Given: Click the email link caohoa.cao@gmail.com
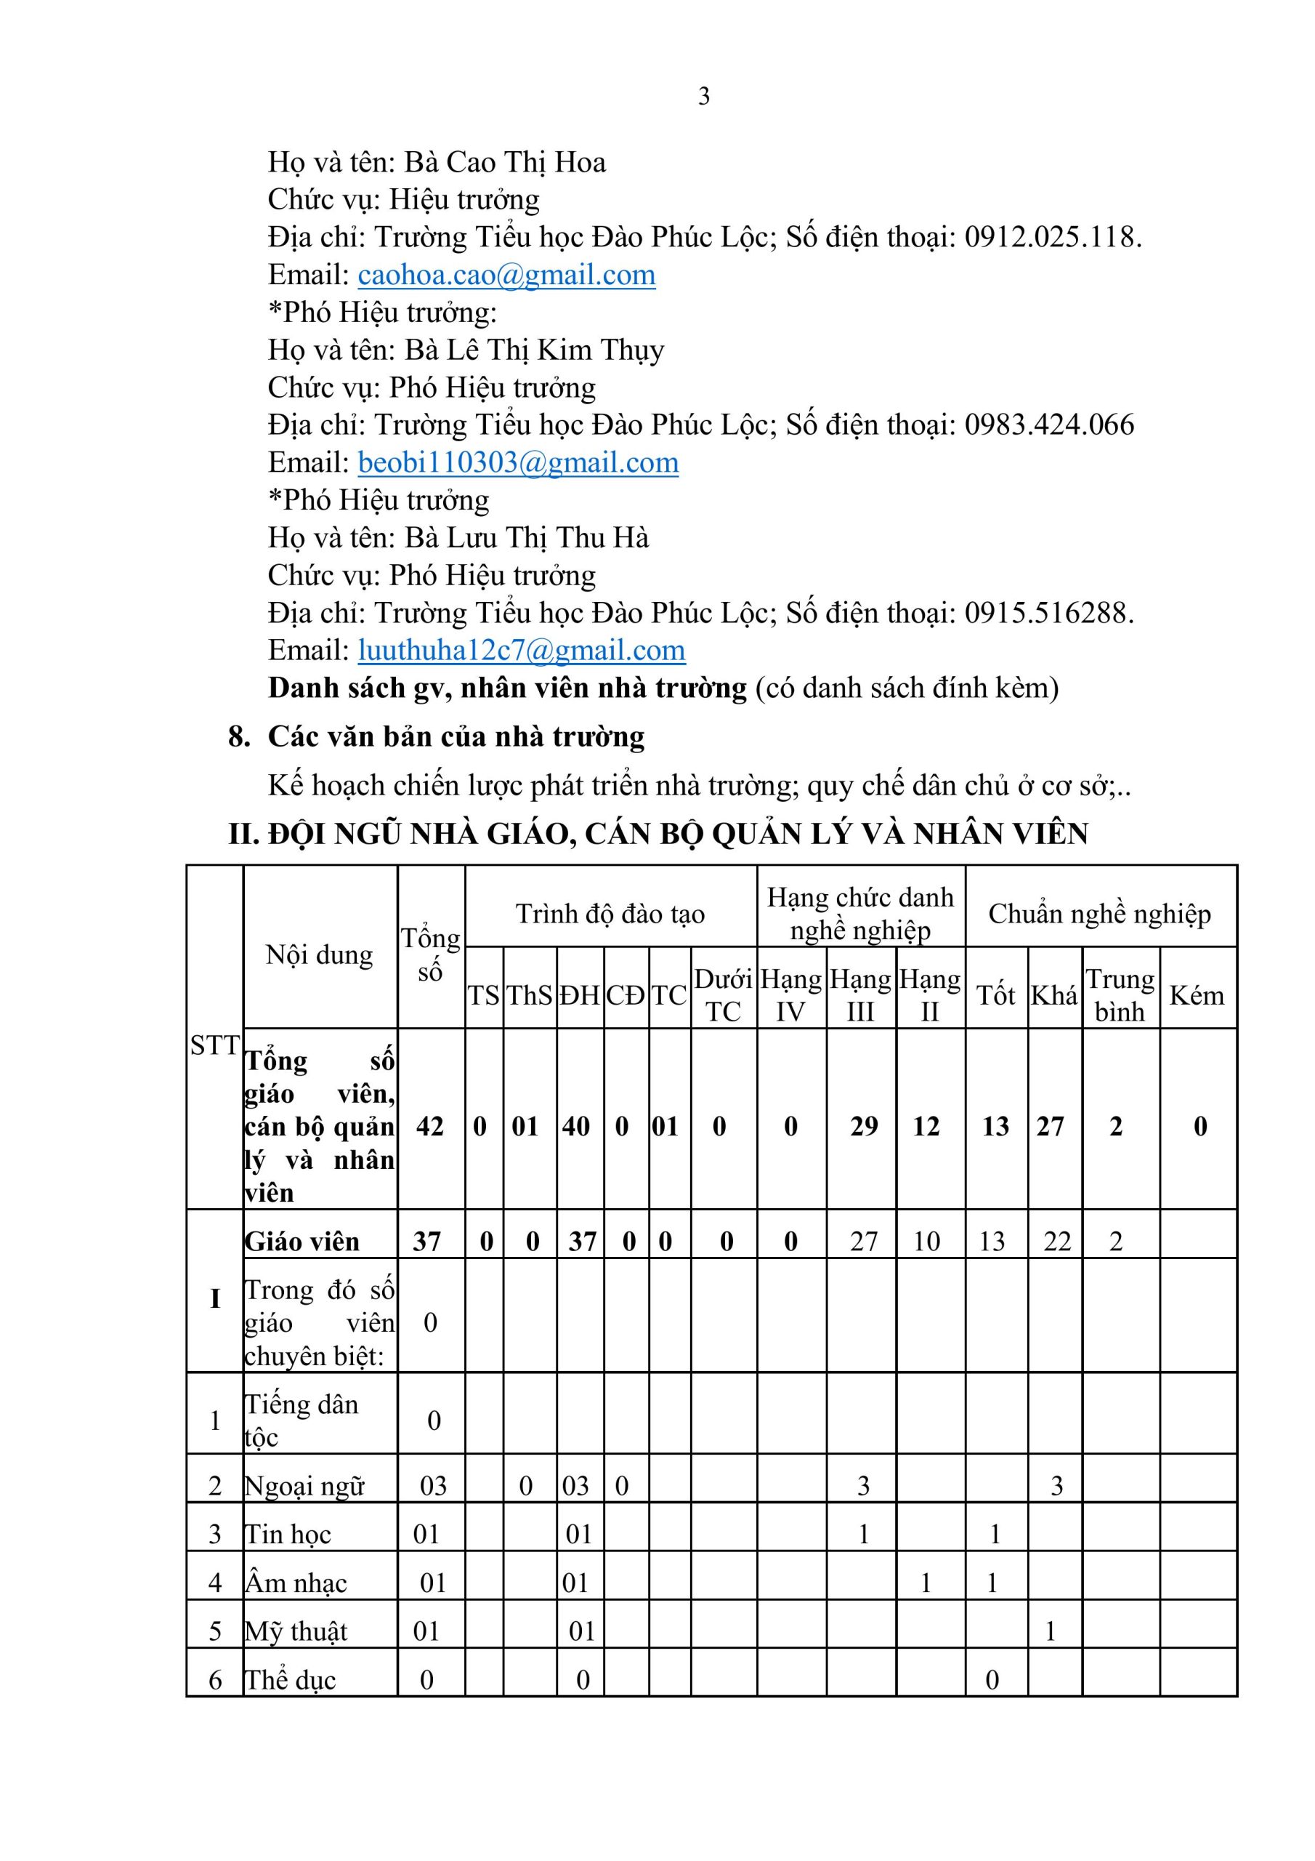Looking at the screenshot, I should click(x=506, y=276).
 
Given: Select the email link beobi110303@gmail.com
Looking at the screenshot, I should click(x=518, y=463).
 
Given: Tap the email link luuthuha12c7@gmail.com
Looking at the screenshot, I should click(x=521, y=651).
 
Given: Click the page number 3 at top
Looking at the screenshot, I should click(x=703, y=97).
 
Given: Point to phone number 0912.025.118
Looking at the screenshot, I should click(x=1052, y=238).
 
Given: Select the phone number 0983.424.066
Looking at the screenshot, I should click(x=1049, y=425).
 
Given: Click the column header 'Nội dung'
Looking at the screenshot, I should click(x=319, y=954).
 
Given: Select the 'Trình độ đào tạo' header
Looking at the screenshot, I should click(x=610, y=915).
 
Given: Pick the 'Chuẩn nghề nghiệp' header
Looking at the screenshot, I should click(x=1099, y=915).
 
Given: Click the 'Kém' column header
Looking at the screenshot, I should click(x=1197, y=995).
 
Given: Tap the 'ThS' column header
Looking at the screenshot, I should click(x=529, y=995).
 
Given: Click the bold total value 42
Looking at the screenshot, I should click(x=429, y=1127).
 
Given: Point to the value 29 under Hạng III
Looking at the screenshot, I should click(x=864, y=1127).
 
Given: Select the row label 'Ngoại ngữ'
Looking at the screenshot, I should click(x=304, y=1486).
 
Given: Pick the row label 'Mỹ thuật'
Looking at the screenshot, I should click(x=296, y=1631).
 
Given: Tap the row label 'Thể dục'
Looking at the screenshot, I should click(x=290, y=1680).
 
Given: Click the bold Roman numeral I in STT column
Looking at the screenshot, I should click(x=215, y=1298).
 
